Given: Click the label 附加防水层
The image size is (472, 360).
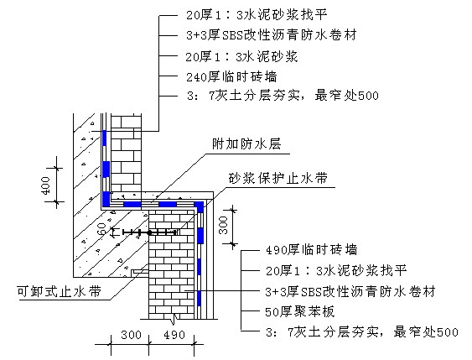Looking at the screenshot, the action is [246, 144].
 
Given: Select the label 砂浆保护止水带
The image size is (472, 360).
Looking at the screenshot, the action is [277, 179].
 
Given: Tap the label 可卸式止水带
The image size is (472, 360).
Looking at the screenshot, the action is [60, 291].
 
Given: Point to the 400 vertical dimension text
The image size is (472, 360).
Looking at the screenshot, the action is [45, 185].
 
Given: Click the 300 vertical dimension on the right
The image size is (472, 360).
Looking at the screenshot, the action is [223, 225].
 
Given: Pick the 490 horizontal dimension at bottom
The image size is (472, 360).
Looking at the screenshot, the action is [174, 335].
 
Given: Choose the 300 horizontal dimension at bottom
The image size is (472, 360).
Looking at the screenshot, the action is [131, 335].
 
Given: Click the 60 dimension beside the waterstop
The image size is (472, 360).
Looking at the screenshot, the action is [103, 229].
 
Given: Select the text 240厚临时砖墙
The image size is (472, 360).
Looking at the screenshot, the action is [231, 77].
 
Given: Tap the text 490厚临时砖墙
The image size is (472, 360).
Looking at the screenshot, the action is [312, 250].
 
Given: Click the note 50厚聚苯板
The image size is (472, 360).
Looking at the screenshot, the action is [300, 311].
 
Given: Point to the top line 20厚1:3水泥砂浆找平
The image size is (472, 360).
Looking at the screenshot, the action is [257, 14].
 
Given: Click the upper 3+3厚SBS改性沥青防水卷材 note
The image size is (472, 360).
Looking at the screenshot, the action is [272, 35].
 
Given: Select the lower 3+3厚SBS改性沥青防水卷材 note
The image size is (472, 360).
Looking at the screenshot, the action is [350, 291].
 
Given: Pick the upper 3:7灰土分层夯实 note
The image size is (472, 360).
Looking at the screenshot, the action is [283, 96].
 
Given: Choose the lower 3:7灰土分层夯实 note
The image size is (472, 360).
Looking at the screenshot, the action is [362, 332].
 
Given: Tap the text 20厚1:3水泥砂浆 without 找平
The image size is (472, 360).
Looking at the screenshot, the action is [241, 56].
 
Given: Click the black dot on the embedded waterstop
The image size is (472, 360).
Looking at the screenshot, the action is [149, 232].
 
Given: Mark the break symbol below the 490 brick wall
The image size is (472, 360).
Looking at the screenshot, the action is [173, 319].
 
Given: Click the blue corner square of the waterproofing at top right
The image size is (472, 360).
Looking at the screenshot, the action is [199, 206].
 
